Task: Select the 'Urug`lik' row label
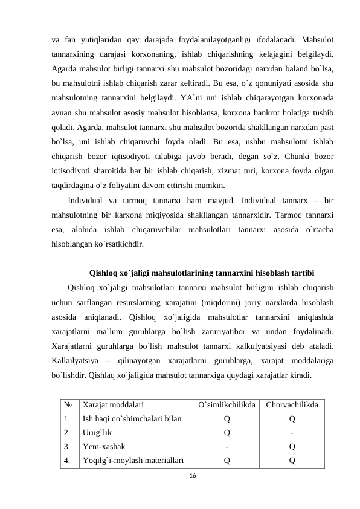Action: [97, 433]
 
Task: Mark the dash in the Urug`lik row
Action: [292, 433]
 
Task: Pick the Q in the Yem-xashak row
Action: [292, 447]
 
